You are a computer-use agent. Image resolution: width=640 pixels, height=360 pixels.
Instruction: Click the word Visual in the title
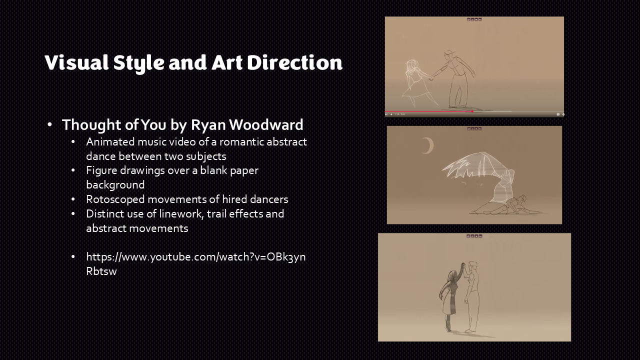(x=76, y=62)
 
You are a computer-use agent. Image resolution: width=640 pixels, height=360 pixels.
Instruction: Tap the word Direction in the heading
(x=294, y=62)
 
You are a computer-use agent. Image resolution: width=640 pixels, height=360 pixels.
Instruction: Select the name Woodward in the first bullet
(x=266, y=124)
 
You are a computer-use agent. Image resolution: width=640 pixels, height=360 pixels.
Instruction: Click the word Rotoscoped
(x=115, y=199)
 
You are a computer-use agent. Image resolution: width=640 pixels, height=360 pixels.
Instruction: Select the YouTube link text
(x=195, y=264)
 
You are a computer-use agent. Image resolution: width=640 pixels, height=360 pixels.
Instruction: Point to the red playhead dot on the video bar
(x=472, y=111)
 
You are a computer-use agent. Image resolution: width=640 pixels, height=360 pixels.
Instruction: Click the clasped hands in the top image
(x=431, y=77)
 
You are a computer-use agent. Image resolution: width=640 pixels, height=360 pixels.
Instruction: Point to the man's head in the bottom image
(x=473, y=266)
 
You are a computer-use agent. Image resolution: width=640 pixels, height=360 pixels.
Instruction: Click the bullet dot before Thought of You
(x=50, y=124)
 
